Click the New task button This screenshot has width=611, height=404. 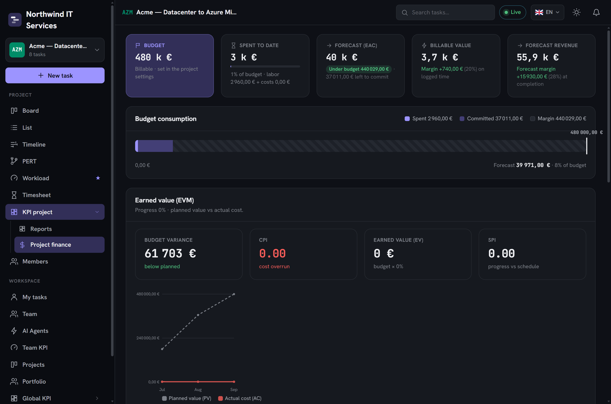tap(55, 75)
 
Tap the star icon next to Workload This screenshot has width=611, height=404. tap(98, 178)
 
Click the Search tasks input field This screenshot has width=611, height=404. tap(445, 12)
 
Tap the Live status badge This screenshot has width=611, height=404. tap(513, 12)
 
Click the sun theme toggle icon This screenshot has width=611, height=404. tap(576, 12)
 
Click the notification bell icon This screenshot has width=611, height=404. tap(596, 12)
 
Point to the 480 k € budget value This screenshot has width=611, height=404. tap(154, 57)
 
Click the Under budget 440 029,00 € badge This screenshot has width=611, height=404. tap(359, 69)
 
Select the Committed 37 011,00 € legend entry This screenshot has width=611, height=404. tap(491, 119)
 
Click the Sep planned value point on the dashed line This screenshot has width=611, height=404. tap(234, 294)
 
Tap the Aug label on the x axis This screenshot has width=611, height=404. tap(198, 390)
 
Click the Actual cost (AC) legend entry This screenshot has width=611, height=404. tap(240, 398)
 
